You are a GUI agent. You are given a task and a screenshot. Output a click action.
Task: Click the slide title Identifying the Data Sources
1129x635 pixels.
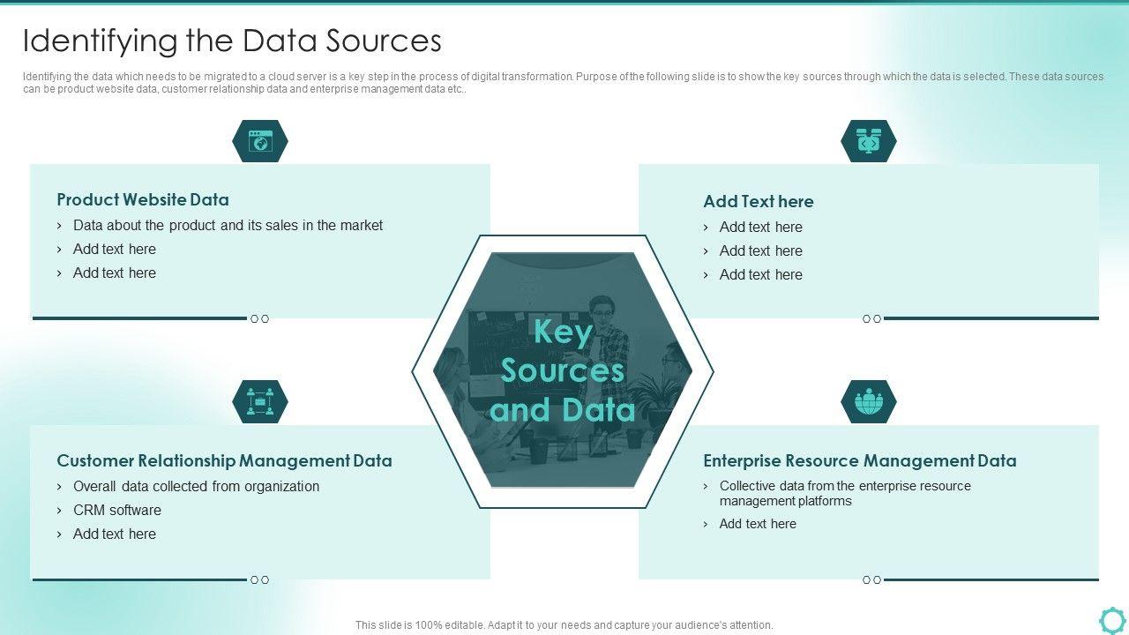(x=232, y=41)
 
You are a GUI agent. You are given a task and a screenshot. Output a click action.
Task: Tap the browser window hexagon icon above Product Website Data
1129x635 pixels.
(x=260, y=141)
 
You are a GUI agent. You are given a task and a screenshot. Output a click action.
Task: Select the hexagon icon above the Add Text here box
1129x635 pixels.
(x=869, y=141)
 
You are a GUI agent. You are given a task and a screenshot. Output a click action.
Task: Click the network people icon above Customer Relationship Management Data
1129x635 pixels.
(x=260, y=401)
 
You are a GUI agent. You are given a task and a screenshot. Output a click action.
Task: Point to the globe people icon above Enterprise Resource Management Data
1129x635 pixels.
(x=869, y=401)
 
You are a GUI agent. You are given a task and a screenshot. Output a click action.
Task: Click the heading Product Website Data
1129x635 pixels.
(x=143, y=199)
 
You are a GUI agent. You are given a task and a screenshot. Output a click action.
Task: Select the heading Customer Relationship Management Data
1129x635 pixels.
(x=224, y=460)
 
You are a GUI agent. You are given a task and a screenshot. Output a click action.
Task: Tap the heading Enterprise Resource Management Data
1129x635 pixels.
(x=859, y=460)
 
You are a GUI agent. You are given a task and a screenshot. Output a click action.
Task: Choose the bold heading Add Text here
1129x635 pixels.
(x=758, y=201)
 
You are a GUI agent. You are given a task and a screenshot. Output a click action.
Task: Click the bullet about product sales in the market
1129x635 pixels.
(x=228, y=226)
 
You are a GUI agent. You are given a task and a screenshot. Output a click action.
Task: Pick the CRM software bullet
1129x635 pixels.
(x=117, y=510)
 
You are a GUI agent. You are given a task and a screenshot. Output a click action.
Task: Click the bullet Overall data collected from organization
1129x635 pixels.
(x=196, y=486)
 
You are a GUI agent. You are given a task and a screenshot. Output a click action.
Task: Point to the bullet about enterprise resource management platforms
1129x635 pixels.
(x=844, y=493)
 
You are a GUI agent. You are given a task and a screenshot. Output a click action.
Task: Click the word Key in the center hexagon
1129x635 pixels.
(x=563, y=332)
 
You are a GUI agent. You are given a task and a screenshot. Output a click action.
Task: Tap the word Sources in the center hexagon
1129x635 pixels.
(x=563, y=370)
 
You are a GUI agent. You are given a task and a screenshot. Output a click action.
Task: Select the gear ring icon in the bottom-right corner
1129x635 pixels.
(x=1112, y=619)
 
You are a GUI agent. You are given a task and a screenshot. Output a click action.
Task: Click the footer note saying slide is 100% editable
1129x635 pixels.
(x=564, y=625)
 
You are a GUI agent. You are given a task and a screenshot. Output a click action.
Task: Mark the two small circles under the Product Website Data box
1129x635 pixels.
(x=259, y=319)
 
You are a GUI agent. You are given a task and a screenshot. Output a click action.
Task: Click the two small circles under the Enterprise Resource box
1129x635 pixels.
(x=871, y=580)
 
